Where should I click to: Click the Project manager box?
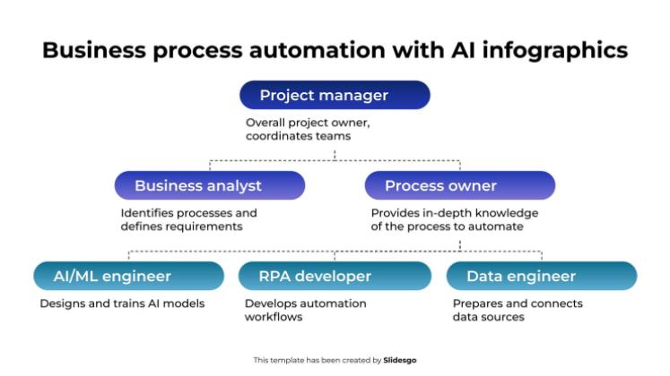coord(335,95)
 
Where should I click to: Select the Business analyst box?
coord(210,185)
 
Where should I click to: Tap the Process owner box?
coord(460,185)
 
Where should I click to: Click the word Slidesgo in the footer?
coord(401,360)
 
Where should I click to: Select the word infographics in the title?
coord(552,50)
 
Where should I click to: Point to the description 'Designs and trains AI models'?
coord(122,303)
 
